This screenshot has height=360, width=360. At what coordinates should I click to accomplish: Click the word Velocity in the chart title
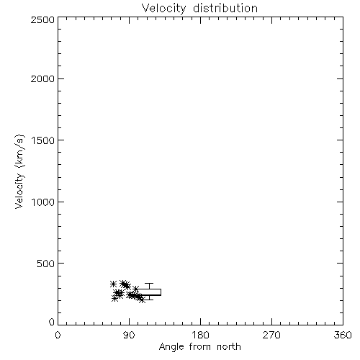(163, 9)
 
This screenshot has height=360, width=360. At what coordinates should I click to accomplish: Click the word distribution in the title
(225, 8)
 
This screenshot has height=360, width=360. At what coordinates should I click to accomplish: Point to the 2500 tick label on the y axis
(42, 19)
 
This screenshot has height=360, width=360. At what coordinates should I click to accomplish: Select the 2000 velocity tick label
(42, 78)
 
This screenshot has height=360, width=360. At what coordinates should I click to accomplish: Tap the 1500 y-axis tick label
(43, 140)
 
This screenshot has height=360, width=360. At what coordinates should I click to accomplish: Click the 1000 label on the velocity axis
(43, 202)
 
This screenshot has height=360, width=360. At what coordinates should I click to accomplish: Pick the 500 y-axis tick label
(46, 264)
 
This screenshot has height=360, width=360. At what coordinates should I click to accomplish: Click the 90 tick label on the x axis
(129, 335)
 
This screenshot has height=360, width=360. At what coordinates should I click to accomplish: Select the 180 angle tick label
(200, 335)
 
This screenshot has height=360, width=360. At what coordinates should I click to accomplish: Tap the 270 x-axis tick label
(271, 335)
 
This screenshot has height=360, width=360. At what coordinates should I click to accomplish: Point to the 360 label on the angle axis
(343, 335)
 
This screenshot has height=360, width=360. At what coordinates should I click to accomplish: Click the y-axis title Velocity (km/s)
(19, 171)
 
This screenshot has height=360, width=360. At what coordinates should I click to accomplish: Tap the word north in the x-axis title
(229, 346)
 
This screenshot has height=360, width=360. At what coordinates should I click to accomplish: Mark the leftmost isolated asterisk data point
(113, 284)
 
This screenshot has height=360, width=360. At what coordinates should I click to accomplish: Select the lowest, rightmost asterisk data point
(142, 300)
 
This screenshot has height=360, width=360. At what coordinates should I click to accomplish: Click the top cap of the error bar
(149, 284)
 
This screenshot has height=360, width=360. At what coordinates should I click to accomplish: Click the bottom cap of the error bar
(149, 300)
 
